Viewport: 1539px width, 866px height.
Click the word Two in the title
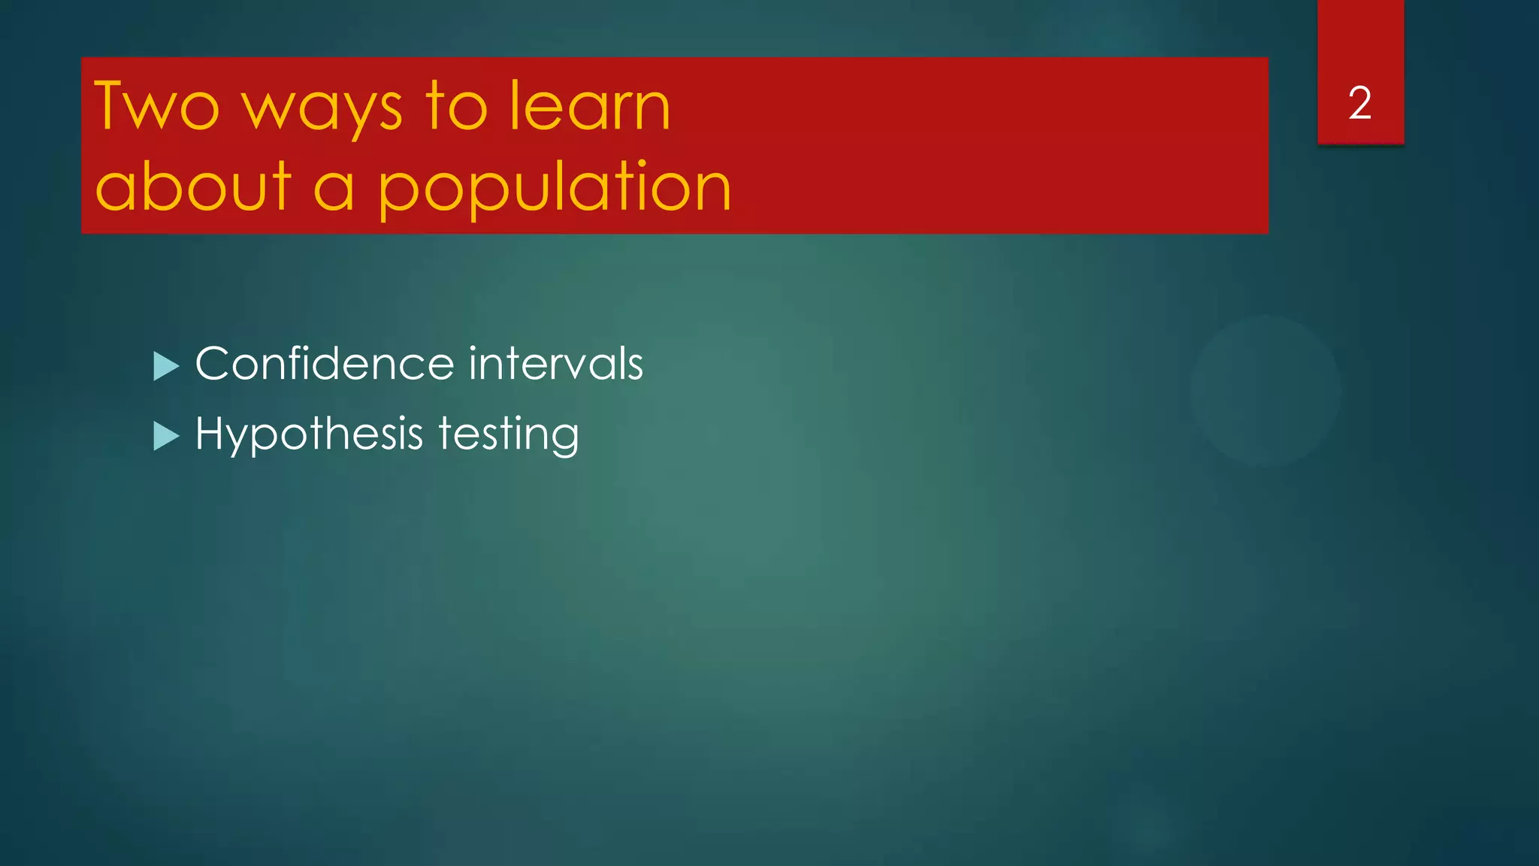click(156, 106)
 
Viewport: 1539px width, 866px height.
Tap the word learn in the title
click(589, 106)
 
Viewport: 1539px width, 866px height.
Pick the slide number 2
click(1359, 103)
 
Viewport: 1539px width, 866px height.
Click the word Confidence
click(325, 364)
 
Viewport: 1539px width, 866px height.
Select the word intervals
click(555, 364)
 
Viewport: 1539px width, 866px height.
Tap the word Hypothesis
click(309, 435)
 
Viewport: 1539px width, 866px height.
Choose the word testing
click(508, 435)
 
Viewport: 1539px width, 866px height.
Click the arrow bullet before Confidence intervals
click(165, 366)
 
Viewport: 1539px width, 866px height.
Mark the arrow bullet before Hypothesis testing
click(165, 436)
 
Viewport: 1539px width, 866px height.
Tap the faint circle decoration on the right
click(1265, 391)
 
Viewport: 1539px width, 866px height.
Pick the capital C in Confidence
click(213, 364)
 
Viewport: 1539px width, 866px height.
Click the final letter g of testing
click(563, 438)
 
